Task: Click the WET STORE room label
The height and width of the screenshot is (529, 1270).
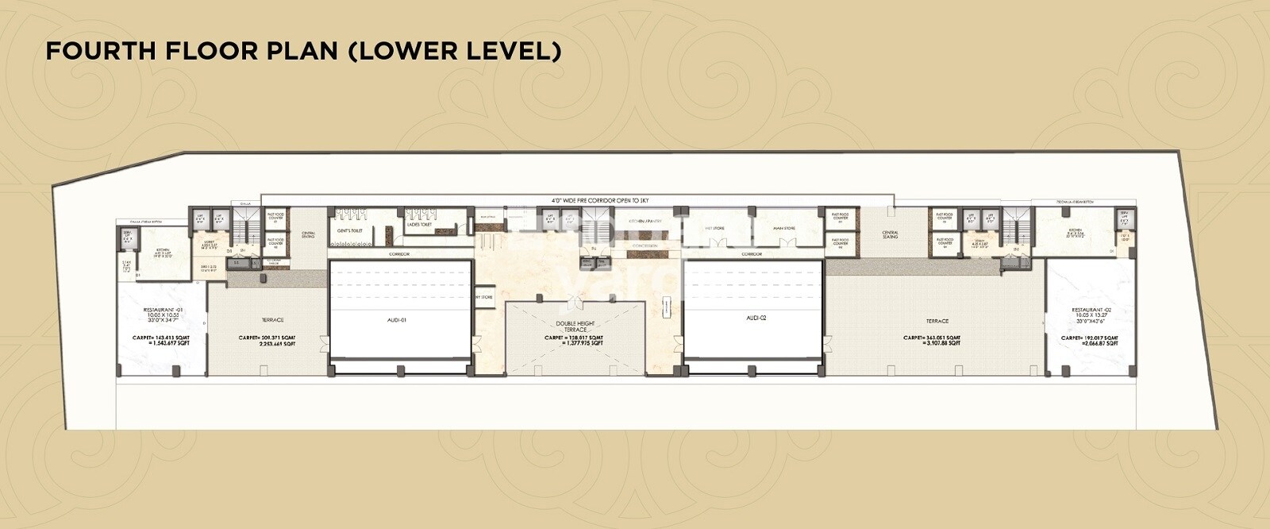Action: click(714, 229)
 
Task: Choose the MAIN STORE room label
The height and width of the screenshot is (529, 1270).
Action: click(783, 229)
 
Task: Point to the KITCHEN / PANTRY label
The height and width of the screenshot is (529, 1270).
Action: click(645, 221)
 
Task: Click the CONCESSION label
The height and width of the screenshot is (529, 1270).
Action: click(645, 246)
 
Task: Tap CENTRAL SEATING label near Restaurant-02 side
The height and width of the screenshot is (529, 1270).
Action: click(890, 235)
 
